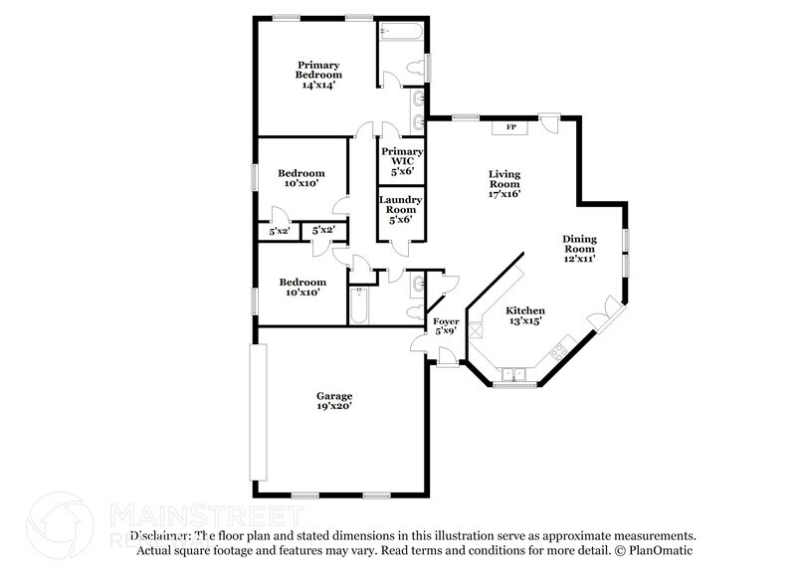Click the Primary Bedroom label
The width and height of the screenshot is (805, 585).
(x=318, y=76)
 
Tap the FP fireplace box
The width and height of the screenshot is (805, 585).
(x=512, y=127)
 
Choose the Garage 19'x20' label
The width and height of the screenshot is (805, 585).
(x=334, y=401)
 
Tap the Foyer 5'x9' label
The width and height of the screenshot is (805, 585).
(x=444, y=325)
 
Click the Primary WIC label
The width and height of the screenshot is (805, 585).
(x=402, y=161)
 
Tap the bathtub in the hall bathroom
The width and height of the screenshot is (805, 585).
(x=360, y=305)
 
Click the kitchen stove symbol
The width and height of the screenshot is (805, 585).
(x=559, y=350)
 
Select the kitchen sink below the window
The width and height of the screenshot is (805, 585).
(x=513, y=374)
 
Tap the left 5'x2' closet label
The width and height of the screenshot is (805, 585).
(x=278, y=231)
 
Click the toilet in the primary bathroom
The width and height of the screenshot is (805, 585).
(x=419, y=68)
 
